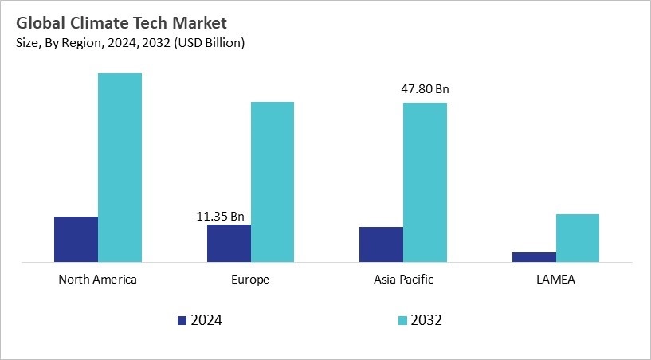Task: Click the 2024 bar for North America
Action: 76,239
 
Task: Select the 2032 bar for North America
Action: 120,167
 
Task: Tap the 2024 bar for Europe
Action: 229,243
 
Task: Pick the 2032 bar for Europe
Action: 273,182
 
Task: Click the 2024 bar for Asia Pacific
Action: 381,244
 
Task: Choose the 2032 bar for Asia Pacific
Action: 425,182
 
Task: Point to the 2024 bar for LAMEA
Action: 534,256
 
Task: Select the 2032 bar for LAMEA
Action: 578,237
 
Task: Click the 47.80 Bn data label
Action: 425,89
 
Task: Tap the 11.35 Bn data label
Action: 220,215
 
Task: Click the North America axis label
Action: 98,280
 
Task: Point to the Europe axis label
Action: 250,280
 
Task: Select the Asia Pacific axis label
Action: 403,280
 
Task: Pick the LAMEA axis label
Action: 555,280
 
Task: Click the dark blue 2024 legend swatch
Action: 182,320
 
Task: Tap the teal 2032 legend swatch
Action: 402,320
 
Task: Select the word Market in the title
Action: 199,22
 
